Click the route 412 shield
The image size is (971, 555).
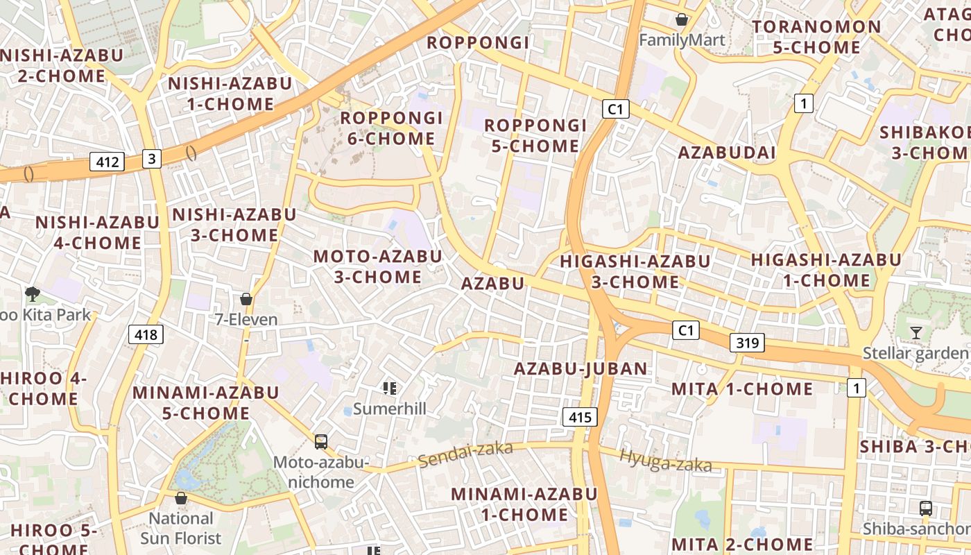[x=107, y=162]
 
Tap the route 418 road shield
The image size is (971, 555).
[x=146, y=335]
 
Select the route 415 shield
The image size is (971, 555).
[x=579, y=417]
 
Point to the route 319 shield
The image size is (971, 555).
[x=747, y=342]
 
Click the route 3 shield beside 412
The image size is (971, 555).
[x=152, y=159]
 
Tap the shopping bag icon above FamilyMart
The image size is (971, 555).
[x=682, y=19]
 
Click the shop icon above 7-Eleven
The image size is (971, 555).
[x=246, y=299]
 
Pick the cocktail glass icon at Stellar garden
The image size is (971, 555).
[x=916, y=333]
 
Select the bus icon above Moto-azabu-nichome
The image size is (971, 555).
[x=320, y=441]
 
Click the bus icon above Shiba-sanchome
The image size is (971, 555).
[x=925, y=508]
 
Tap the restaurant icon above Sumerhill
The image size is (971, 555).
[x=390, y=388]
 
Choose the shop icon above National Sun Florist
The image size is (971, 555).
[x=181, y=498]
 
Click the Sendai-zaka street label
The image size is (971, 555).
[x=465, y=454]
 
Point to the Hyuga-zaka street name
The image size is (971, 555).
[x=665, y=460]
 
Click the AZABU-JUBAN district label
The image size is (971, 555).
[x=581, y=368]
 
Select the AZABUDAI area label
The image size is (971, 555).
[x=726, y=153]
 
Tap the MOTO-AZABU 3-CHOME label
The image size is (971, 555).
[x=377, y=266]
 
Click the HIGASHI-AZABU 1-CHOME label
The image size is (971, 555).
[x=825, y=271]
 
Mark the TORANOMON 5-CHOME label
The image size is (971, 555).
[x=816, y=37]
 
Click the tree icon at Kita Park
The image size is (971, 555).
[x=32, y=294]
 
